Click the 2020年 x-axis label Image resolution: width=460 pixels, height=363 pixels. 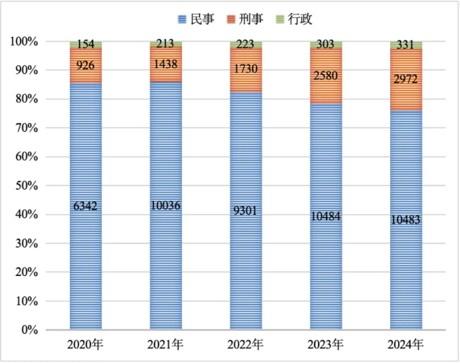point(86,345)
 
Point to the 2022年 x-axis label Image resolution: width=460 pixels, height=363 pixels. point(246,345)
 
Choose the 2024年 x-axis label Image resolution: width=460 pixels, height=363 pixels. point(406,345)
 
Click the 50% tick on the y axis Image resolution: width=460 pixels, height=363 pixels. point(26,186)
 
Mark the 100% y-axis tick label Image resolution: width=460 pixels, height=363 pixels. point(24,41)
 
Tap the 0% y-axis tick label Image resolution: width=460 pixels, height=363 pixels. point(29,330)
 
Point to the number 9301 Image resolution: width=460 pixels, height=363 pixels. point(246,211)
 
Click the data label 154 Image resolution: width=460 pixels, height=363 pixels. point(86,44)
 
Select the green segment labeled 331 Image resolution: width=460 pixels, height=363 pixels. point(406,45)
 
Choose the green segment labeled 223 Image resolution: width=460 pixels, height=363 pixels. point(246,44)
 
